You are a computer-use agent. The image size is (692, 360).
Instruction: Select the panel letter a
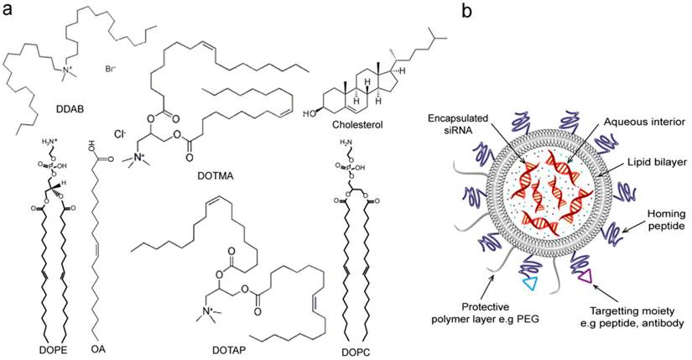pyautogui.click(x=8, y=13)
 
